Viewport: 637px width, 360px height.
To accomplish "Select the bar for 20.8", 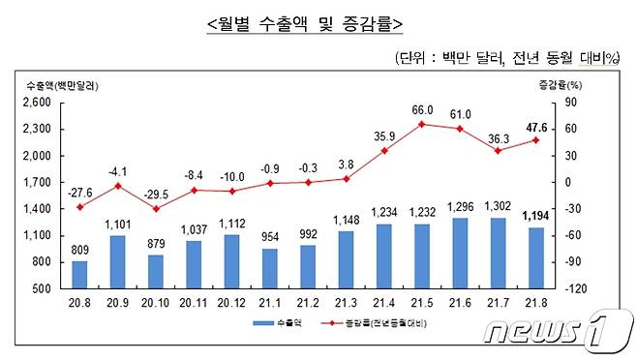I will click(x=79, y=275).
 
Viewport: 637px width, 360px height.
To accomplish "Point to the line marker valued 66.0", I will click(x=422, y=124).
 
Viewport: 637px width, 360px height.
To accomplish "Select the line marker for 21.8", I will click(x=535, y=140).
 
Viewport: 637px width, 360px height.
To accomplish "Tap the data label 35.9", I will click(x=385, y=135).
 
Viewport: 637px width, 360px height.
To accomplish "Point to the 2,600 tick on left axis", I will click(x=37, y=103).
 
